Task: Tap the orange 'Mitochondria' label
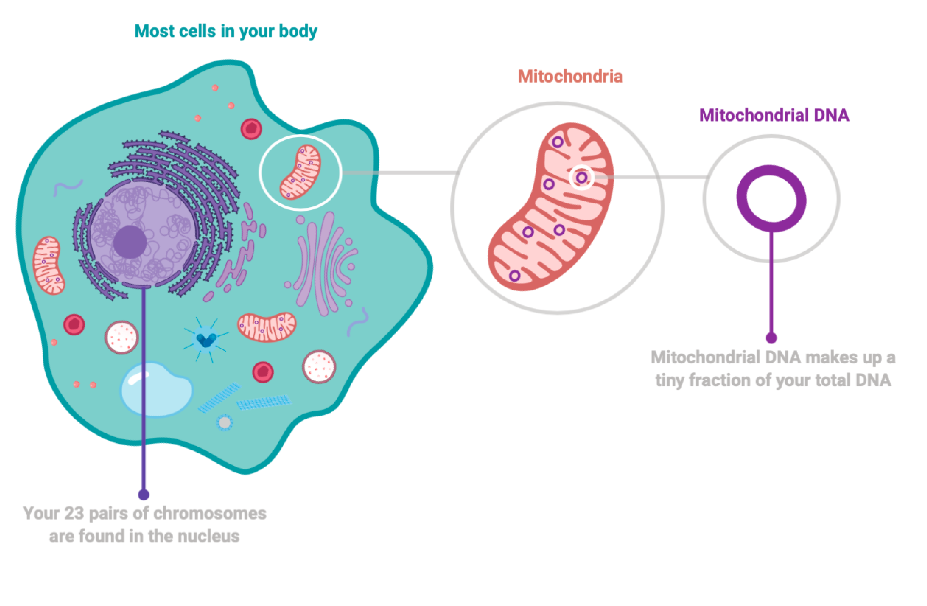(x=570, y=76)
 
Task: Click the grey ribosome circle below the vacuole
(x=224, y=422)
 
